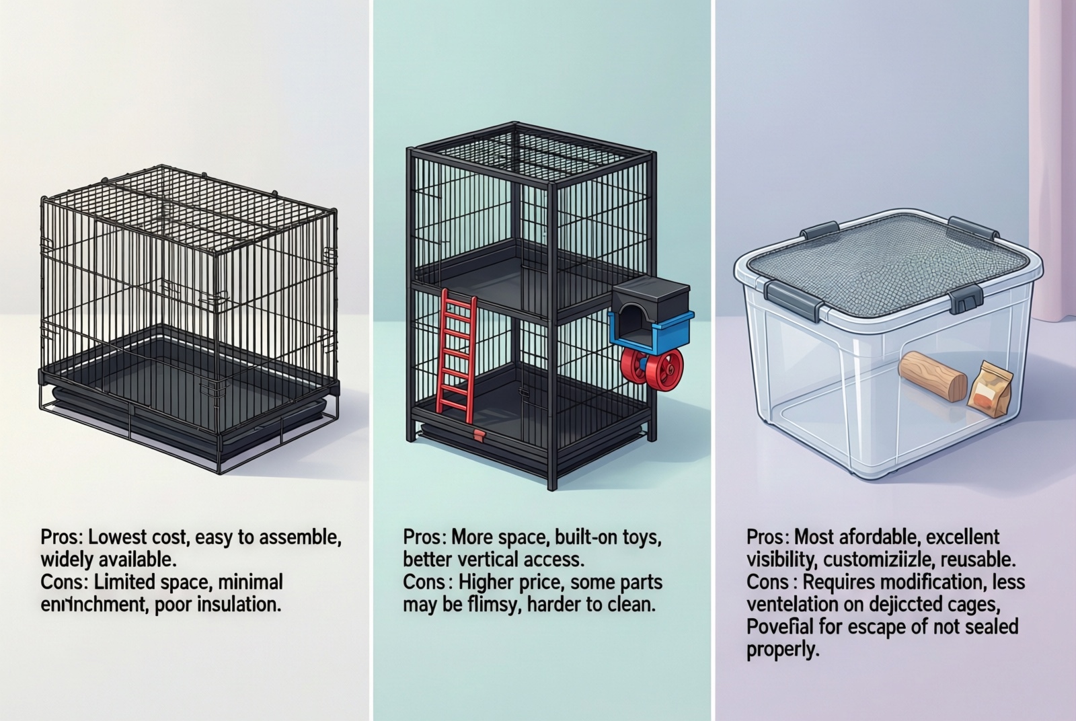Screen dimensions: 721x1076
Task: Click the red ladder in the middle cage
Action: pyautogui.click(x=459, y=350)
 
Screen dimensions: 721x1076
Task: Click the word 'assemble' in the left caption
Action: pyautogui.click(x=297, y=537)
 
